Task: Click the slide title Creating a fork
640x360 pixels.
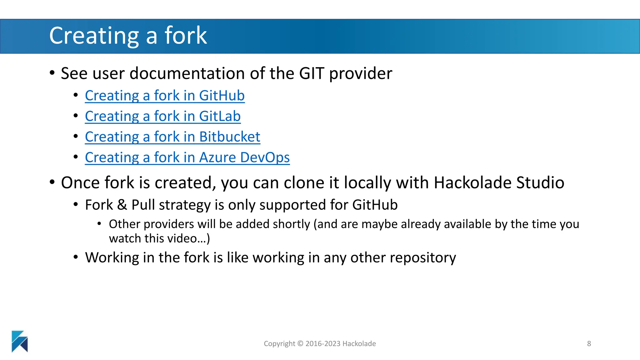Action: click(128, 36)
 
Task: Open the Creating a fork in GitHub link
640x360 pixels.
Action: click(165, 96)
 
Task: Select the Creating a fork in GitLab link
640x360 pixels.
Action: click(162, 116)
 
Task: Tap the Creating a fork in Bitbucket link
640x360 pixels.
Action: click(172, 137)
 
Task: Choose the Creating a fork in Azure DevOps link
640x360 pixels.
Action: click(187, 157)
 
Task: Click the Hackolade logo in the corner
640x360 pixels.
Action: click(20, 341)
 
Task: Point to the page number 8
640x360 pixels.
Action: click(589, 344)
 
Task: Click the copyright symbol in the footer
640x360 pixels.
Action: click(300, 344)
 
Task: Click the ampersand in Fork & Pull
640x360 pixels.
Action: click(122, 205)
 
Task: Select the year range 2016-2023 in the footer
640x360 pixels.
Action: click(323, 344)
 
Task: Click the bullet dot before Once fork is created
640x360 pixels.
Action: click(52, 182)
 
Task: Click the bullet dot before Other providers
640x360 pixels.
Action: click(99, 224)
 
